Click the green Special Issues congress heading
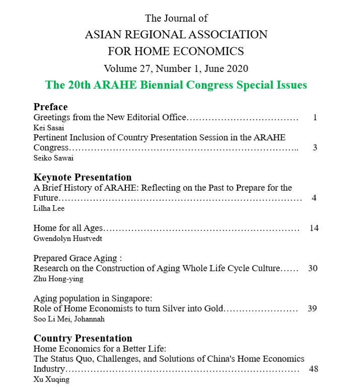tap(176, 85)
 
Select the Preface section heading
tap(50, 107)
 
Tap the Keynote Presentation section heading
tap(83, 177)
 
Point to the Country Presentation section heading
tap(83, 338)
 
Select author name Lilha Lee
tap(49, 208)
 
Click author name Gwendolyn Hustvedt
tap(67, 238)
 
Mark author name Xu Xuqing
tap(51, 379)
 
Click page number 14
tap(314, 228)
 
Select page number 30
tap(313, 268)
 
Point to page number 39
tap(312, 308)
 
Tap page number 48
tap(314, 369)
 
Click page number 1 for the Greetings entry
tap(315, 117)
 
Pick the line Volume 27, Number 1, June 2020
tap(176, 68)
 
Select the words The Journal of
tap(176, 18)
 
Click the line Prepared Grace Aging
tap(78, 258)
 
